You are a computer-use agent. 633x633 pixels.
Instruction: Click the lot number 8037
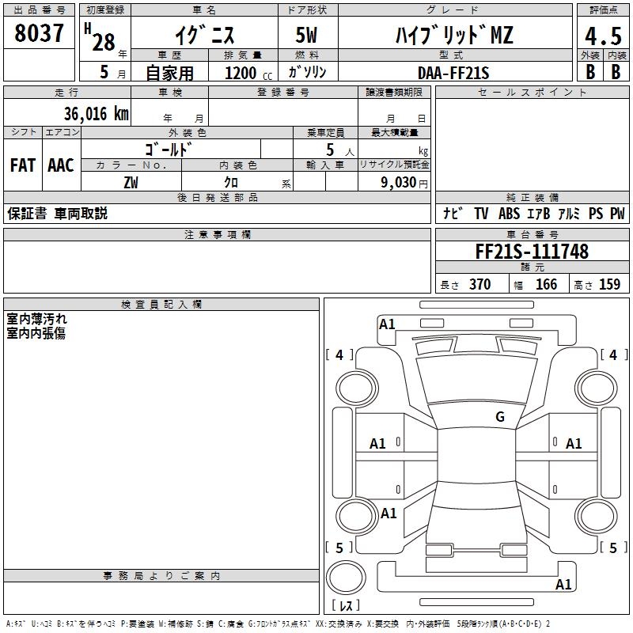click(40, 33)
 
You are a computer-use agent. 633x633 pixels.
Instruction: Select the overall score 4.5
click(602, 36)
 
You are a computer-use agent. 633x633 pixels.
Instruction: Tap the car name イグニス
click(204, 35)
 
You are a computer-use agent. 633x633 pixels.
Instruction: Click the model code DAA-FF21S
click(453, 73)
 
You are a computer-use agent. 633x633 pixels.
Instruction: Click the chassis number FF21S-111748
click(532, 252)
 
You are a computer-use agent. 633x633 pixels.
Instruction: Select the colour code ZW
click(131, 182)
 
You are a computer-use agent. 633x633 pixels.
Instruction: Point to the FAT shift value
click(22, 165)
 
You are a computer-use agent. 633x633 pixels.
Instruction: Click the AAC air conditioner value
click(61, 165)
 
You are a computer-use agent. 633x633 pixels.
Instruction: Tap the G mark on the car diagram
click(500, 417)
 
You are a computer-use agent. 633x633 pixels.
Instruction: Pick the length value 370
click(479, 285)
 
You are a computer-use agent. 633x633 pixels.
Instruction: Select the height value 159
click(609, 285)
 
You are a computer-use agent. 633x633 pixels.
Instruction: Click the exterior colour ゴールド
click(170, 149)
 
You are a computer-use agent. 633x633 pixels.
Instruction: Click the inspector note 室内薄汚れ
click(36, 320)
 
